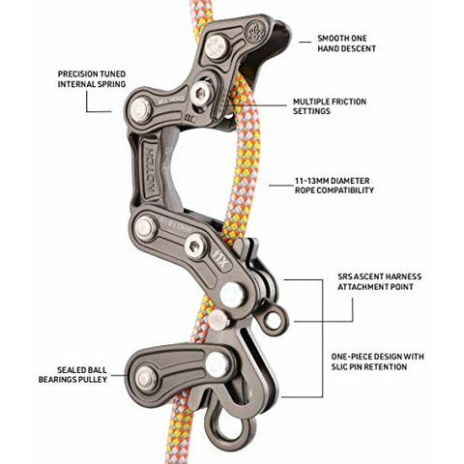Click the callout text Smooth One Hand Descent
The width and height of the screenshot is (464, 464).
point(346,43)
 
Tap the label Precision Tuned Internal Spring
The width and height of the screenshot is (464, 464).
point(92,79)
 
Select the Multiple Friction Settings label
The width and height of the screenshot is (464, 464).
point(330,106)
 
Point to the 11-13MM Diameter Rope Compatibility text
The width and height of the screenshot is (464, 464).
point(334,186)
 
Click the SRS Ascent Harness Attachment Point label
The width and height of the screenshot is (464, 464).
point(380,281)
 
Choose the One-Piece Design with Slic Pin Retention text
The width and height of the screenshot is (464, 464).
point(377,362)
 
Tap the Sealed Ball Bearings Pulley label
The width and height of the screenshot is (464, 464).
point(72,374)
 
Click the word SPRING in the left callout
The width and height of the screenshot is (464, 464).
point(110,84)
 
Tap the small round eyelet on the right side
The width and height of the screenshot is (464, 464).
point(274,320)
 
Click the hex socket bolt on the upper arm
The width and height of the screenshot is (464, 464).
point(200,93)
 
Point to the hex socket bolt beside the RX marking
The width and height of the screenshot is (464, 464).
point(196,246)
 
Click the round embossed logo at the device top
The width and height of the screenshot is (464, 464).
point(257,31)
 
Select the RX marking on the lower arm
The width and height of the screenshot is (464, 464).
point(224,262)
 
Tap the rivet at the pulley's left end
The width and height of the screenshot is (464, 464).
point(146,378)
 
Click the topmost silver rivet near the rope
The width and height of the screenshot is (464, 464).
point(217,46)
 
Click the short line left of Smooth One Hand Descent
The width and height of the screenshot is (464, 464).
point(304,42)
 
